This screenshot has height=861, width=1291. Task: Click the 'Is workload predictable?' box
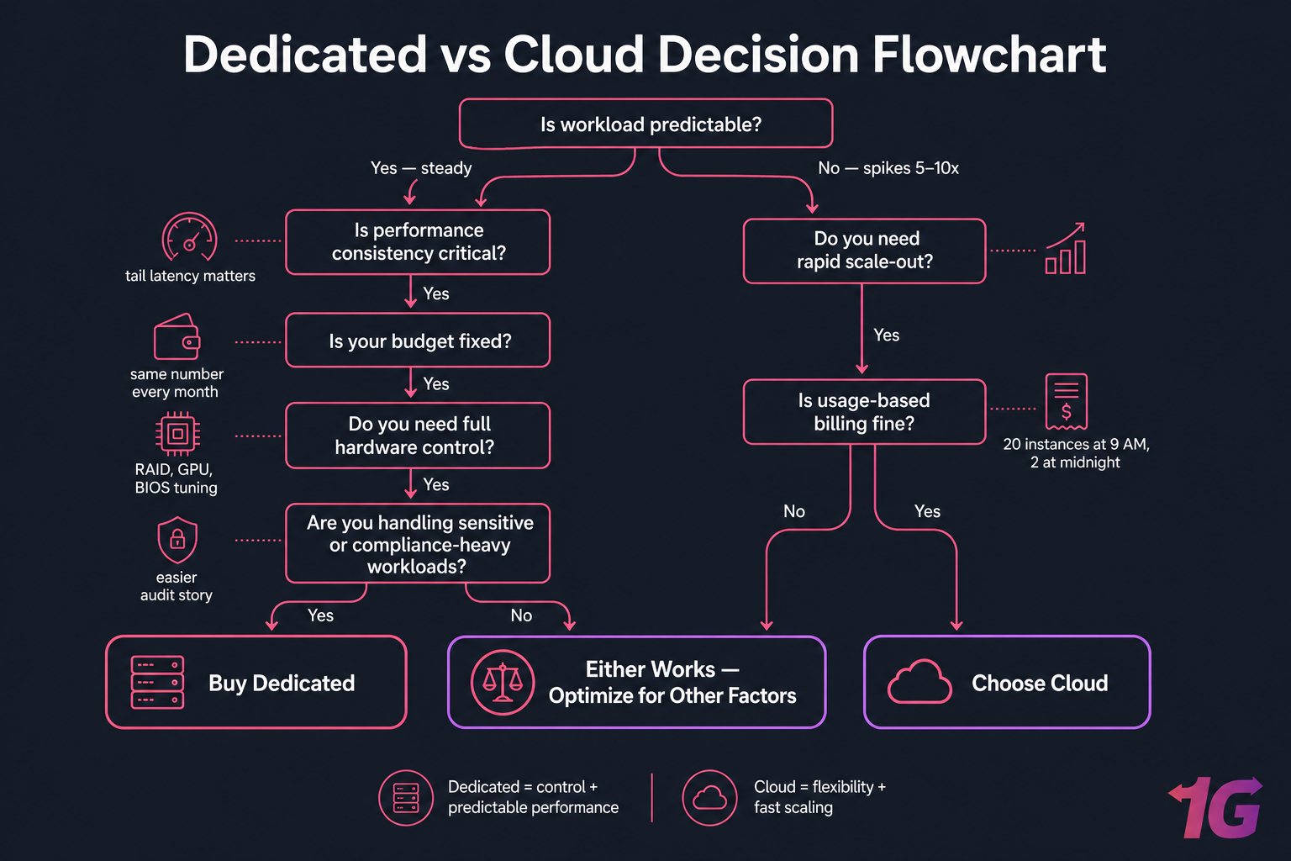645,124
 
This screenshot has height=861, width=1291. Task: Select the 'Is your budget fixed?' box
418,341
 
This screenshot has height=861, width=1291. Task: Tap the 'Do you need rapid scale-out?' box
864,251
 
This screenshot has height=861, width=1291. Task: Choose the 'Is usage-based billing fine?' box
864,412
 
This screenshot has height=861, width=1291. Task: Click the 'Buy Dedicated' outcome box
256,682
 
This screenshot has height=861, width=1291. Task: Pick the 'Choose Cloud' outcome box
1006,682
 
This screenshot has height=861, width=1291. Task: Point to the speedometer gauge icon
189,237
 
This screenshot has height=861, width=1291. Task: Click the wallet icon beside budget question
177,337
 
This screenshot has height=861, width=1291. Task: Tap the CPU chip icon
177,434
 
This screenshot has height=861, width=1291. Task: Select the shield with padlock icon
177,540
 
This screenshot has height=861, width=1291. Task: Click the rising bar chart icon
1065,249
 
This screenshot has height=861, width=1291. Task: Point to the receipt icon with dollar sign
1066,402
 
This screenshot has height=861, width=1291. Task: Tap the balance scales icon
503,682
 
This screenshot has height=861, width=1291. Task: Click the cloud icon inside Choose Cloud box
920,682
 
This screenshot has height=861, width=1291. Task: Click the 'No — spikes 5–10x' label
888,168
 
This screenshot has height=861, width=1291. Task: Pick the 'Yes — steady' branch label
421,168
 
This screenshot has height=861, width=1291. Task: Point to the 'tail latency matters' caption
190,276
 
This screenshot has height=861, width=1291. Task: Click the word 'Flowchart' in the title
988,55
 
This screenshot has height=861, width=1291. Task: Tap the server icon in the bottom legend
406,797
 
